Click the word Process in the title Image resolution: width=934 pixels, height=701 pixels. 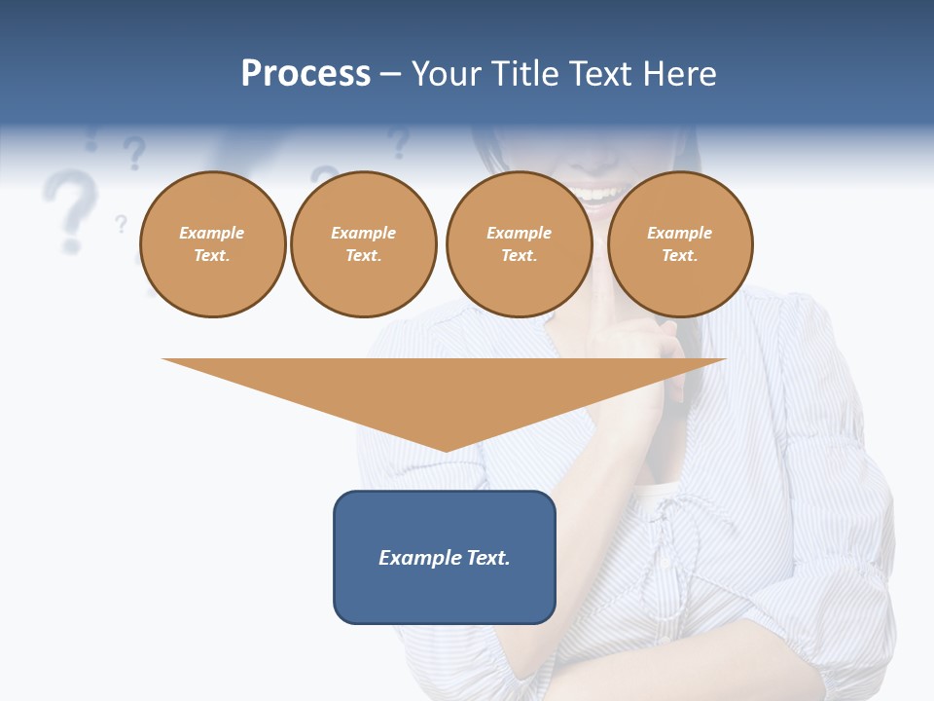pos(305,74)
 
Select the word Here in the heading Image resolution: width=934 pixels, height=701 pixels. pos(678,74)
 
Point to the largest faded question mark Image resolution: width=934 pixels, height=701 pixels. pos(70,206)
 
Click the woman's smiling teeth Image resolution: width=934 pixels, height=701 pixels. pos(594,194)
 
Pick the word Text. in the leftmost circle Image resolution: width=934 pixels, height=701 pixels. pos(212,256)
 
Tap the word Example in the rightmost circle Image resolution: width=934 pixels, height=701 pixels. pos(679,233)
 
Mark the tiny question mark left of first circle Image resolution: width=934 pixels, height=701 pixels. pos(121,224)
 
